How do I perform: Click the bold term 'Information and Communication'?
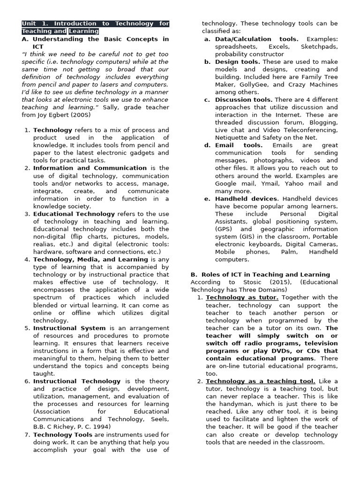[90, 168]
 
